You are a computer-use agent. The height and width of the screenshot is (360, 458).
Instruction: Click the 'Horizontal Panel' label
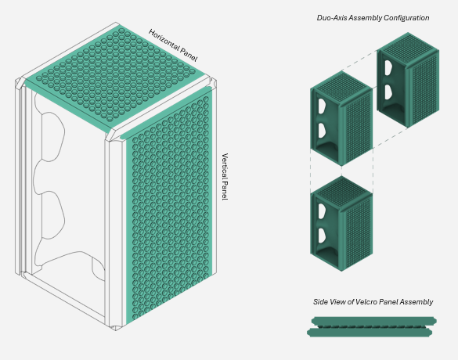coord(173,45)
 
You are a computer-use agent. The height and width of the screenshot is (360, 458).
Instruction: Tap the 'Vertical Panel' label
coord(225,176)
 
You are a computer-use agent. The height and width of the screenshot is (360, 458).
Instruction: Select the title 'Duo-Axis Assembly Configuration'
coord(373,18)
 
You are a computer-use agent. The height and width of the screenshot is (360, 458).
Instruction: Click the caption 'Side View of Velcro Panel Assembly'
coord(373,302)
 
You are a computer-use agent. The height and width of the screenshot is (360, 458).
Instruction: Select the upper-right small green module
coord(408,80)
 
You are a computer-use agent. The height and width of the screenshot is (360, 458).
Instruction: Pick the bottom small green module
coord(341,223)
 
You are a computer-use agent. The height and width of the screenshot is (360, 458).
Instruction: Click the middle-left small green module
coord(341,118)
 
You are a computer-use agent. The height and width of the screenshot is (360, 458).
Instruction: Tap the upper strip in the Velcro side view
coord(374,321)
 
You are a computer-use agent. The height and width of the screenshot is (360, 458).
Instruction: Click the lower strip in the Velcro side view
coord(370,333)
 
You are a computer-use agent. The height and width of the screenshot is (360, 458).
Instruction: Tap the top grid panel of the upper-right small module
coord(408,47)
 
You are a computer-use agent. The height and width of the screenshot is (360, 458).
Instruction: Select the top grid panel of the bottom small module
coord(341,190)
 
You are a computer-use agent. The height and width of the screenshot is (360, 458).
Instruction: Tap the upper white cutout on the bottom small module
coord(322,211)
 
